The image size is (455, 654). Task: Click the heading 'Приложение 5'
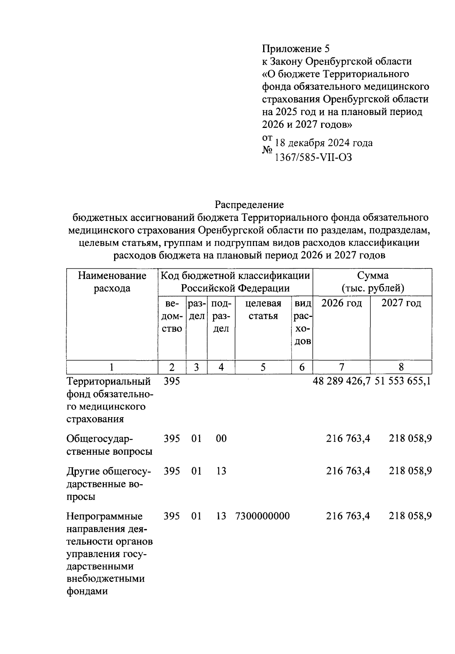[296, 49]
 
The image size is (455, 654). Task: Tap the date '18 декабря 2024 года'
[323, 143]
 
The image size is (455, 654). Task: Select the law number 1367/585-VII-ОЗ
[314, 157]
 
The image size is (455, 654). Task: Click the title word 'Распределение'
[249, 205]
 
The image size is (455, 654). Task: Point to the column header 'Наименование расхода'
[112, 282]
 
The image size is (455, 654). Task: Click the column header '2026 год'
[341, 303]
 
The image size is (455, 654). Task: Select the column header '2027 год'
[401, 303]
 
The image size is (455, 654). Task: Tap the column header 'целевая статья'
[263, 310]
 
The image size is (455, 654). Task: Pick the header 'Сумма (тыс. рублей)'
[372, 282]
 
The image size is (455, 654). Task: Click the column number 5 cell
[263, 367]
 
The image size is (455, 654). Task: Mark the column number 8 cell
[401, 367]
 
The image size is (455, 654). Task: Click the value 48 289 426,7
[341, 381]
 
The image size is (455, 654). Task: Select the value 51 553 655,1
[403, 381]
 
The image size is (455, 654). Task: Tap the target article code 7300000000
[263, 516]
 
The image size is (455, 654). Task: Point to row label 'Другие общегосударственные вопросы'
[108, 484]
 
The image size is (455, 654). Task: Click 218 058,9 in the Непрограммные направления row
[410, 516]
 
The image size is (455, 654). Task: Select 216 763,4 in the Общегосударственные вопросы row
[348, 439]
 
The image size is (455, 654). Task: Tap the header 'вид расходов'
[303, 322]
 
